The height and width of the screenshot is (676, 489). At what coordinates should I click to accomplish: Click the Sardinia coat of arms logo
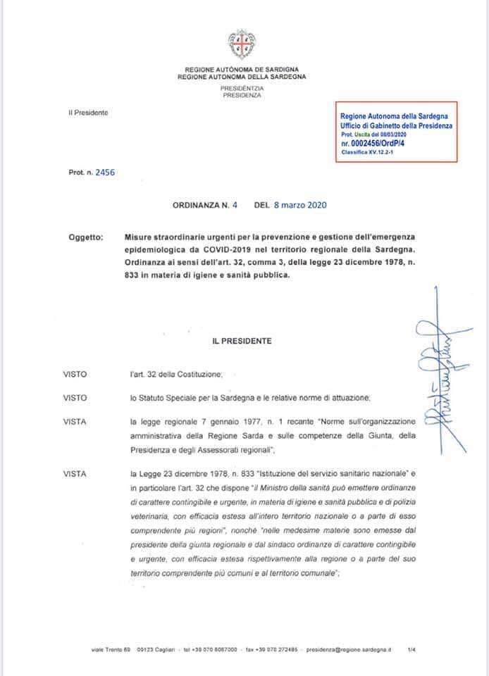(242, 44)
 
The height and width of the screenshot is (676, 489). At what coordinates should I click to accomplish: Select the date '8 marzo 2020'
(300, 206)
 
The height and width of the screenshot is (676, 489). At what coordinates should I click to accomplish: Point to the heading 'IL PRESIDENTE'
(242, 341)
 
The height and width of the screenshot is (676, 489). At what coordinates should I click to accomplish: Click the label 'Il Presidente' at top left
(88, 113)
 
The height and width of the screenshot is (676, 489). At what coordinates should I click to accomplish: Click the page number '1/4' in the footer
(411, 649)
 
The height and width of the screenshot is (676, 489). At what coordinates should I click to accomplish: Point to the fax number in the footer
(271, 649)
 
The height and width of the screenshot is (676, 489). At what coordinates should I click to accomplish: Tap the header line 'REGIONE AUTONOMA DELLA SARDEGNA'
(242, 76)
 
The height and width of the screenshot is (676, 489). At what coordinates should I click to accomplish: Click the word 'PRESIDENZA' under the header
(242, 94)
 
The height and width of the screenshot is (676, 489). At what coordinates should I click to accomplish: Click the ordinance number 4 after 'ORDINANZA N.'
(235, 206)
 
